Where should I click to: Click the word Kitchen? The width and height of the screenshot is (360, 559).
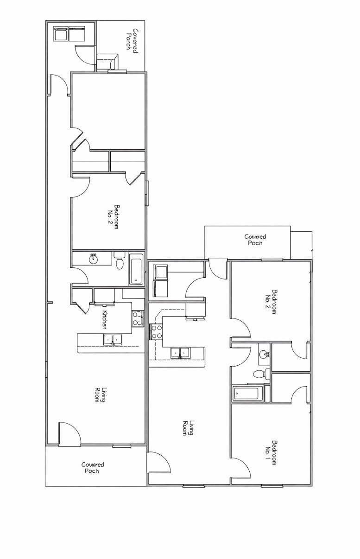pos(105,319)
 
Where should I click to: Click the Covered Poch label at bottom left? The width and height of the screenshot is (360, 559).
pos(93,468)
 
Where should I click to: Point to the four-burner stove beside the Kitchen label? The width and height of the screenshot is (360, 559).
pos(138,318)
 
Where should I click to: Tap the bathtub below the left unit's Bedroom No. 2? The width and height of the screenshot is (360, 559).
pos(136,269)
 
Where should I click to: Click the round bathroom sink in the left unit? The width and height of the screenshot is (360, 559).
pos(93,258)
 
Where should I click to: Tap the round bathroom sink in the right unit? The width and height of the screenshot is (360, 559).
pos(264,355)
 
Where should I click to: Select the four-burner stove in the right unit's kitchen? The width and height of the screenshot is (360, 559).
pos(156,332)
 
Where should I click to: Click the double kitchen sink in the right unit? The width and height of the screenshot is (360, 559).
pos(180,353)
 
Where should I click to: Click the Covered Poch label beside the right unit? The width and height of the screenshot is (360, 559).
pos(255,240)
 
